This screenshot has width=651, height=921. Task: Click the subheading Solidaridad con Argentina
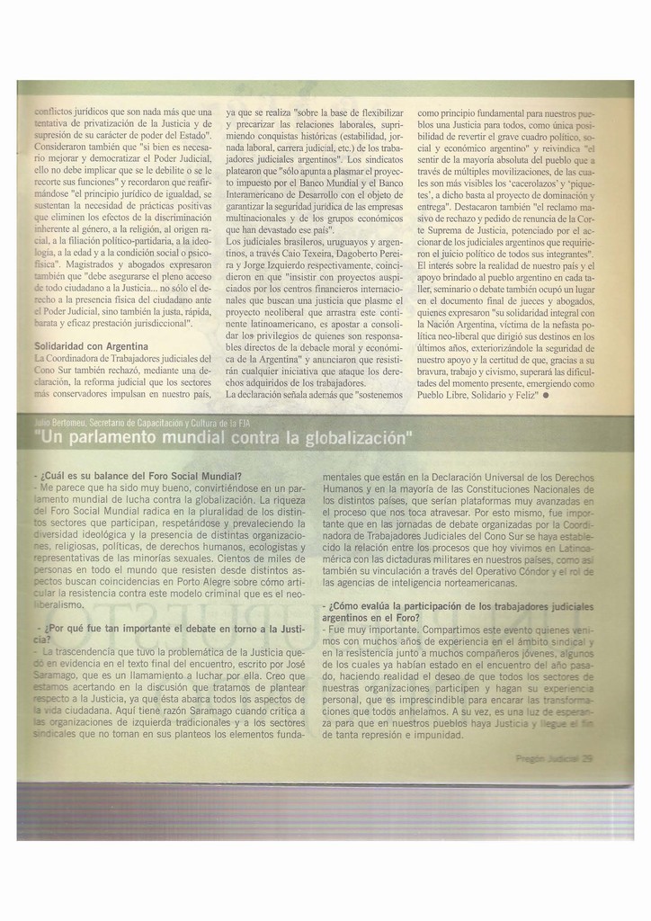pyautogui.click(x=91, y=346)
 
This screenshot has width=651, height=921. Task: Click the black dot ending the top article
pyautogui.click(x=546, y=394)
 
